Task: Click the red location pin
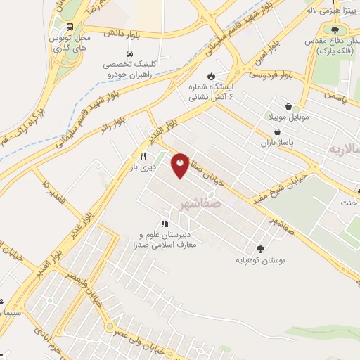(180, 165)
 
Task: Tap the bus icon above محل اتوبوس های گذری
(69, 27)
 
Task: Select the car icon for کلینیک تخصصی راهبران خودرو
(129, 53)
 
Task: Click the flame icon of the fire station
(210, 76)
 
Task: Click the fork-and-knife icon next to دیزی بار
(143, 156)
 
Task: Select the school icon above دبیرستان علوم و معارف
(165, 224)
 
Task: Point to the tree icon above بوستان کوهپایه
(260, 248)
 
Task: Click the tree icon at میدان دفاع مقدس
(334, 30)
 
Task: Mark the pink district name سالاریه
(344, 150)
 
